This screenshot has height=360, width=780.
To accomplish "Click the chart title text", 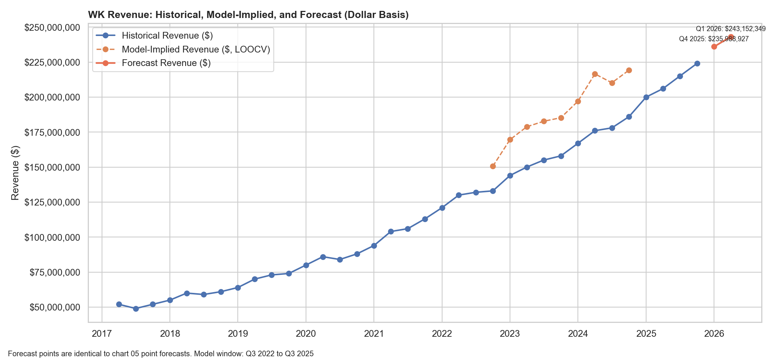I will (x=248, y=15).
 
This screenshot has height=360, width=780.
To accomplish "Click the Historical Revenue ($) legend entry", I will (x=167, y=36).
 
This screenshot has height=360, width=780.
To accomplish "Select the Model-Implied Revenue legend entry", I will (x=196, y=49).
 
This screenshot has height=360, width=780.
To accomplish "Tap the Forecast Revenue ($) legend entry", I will (x=166, y=63).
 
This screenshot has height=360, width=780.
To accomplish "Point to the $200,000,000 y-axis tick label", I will (x=52, y=97).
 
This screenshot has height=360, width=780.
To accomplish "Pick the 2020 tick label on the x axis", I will (x=306, y=334).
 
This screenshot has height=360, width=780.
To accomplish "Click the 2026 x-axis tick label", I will (x=714, y=334).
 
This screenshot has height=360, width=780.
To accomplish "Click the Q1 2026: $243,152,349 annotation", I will (x=730, y=28).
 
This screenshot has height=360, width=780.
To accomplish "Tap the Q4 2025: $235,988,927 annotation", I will (x=714, y=39).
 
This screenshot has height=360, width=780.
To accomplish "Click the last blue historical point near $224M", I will (x=697, y=63).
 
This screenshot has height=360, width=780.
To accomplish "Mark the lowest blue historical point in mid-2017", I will (x=136, y=309).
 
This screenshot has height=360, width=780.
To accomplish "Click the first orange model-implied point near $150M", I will (x=493, y=166).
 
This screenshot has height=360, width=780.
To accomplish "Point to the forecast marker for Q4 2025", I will (x=714, y=46).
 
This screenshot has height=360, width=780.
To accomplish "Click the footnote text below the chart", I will (x=160, y=354).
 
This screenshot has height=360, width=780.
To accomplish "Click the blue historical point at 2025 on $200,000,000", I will (x=646, y=97).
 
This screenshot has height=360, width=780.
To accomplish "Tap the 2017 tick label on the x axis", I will (x=102, y=334).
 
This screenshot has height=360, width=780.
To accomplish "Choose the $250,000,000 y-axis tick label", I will (x=52, y=27).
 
